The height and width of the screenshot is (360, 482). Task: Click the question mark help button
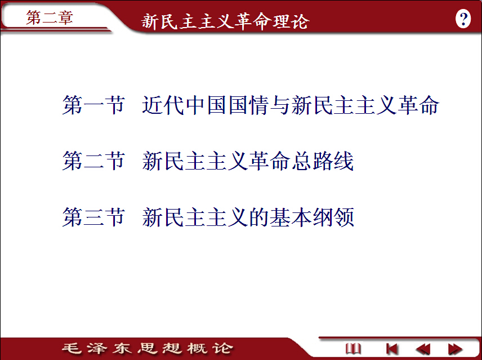[463, 19]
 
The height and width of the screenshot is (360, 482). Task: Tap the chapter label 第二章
[50, 17]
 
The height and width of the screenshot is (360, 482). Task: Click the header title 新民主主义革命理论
[225, 21]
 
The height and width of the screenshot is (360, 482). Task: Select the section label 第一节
[93, 105]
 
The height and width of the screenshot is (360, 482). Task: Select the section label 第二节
[93, 161]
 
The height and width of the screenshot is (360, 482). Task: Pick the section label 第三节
[93, 217]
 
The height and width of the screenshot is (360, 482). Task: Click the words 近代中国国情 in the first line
[206, 105]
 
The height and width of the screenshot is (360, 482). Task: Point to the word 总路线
[323, 161]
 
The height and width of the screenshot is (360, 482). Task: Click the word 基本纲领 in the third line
[313, 217]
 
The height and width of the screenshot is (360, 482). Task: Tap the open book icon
[353, 349]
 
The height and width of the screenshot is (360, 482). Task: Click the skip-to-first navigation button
[392, 349]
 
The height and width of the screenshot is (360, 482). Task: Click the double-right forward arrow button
[455, 349]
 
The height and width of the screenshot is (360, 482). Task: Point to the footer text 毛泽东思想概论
[147, 348]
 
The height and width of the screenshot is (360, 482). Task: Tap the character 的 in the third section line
[259, 217]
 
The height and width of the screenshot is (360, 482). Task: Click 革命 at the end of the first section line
[419, 105]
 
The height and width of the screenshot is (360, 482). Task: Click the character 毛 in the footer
[72, 348]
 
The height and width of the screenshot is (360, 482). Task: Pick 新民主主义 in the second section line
[195, 161]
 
